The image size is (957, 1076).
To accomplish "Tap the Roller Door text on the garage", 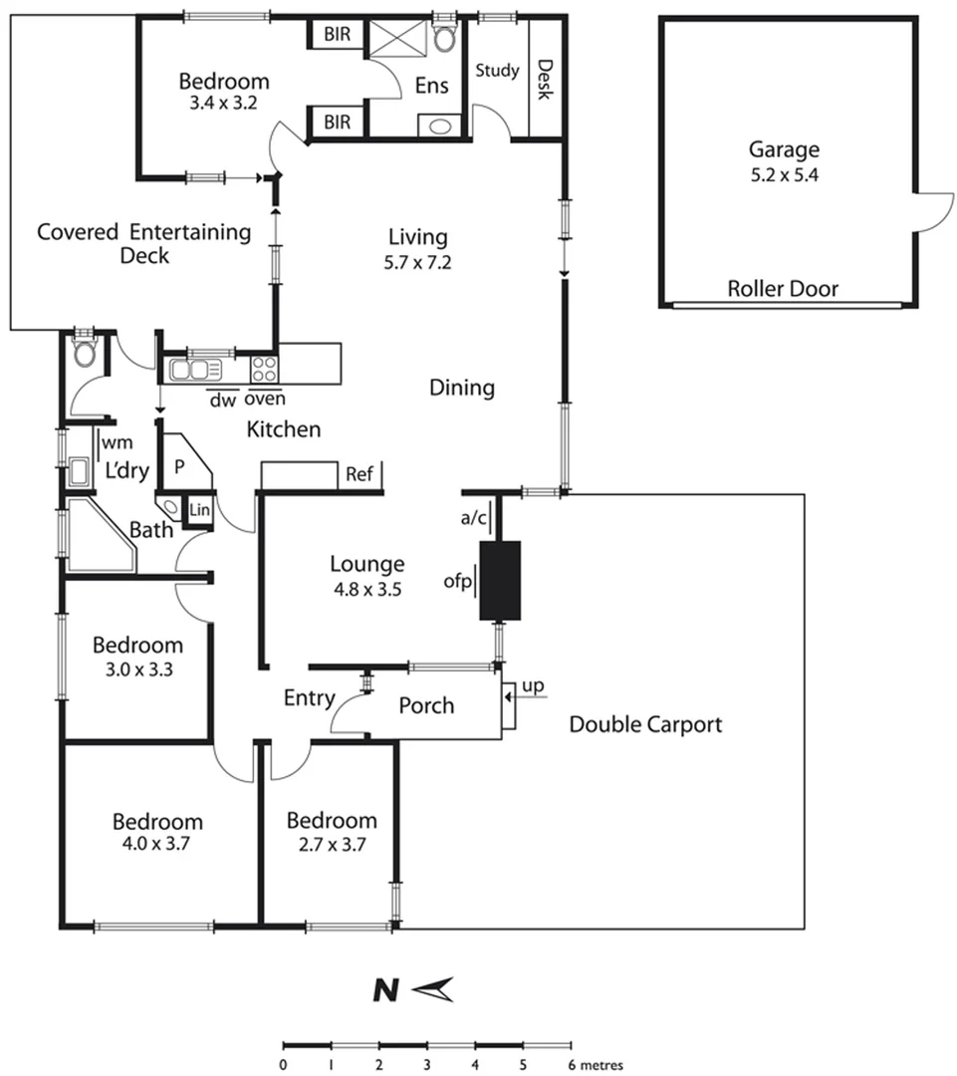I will tap(783, 290).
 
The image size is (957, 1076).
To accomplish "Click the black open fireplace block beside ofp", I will tap(501, 581).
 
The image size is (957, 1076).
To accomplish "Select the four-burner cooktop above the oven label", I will tap(264, 370).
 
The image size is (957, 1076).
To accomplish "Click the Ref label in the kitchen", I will tap(359, 475).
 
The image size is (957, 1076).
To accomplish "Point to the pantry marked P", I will tap(180, 466).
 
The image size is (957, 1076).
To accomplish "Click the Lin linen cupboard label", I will tap(200, 511).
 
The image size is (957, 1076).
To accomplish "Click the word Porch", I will tap(426, 705).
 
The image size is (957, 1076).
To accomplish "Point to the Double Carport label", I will tap(645, 724).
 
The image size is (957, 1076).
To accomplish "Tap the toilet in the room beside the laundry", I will tap(84, 354).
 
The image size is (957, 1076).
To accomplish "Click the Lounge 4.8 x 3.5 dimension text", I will tap(366, 589).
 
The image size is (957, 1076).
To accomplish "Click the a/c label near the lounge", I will tap(472, 517).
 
